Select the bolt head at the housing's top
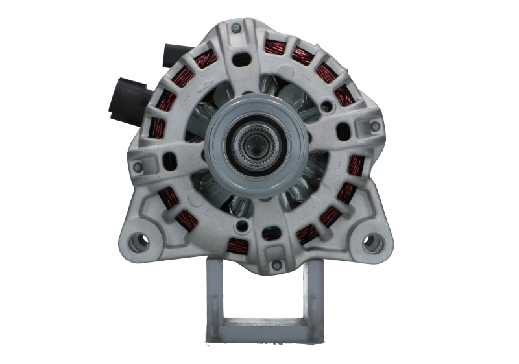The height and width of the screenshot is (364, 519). (x=236, y=28)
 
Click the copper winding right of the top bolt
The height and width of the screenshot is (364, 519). (x=273, y=47)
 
